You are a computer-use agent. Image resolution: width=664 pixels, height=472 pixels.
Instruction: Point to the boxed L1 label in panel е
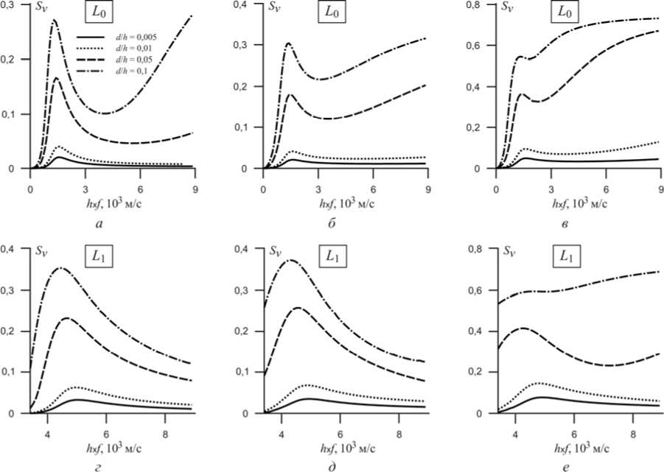[x=566, y=258]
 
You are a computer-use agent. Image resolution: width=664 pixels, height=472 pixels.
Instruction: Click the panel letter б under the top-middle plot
[x=332, y=222]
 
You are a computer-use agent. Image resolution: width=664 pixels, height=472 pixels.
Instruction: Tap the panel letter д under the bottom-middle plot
[x=332, y=464]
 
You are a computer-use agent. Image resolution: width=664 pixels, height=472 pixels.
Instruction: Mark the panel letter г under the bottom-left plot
[x=99, y=464]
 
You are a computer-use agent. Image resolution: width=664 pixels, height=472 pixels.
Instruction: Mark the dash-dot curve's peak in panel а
[x=54, y=20]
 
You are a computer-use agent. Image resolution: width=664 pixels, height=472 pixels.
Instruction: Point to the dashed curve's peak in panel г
[x=68, y=317]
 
